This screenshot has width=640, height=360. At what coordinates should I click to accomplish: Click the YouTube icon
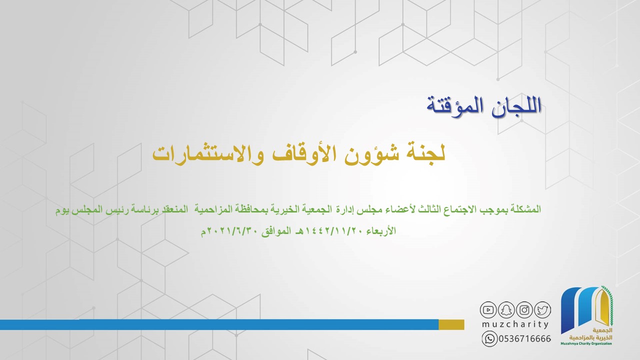(x=488, y=309)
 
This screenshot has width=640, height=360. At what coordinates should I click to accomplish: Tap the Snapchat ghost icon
(x=506, y=309)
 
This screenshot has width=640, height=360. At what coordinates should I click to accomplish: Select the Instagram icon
(x=524, y=309)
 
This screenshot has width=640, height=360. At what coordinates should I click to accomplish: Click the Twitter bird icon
(x=542, y=309)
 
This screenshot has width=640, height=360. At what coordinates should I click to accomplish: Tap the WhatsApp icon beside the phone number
(x=489, y=339)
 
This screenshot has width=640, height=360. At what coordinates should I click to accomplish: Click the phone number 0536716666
(x=525, y=339)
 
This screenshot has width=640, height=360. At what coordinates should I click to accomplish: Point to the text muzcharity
(x=515, y=324)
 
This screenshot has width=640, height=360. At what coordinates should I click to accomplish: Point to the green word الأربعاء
(x=381, y=230)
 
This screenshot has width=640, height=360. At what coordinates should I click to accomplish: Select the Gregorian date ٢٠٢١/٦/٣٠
(x=232, y=231)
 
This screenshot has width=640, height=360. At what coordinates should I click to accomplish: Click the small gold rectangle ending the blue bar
(x=451, y=324)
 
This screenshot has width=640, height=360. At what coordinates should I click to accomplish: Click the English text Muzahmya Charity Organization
(x=586, y=343)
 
